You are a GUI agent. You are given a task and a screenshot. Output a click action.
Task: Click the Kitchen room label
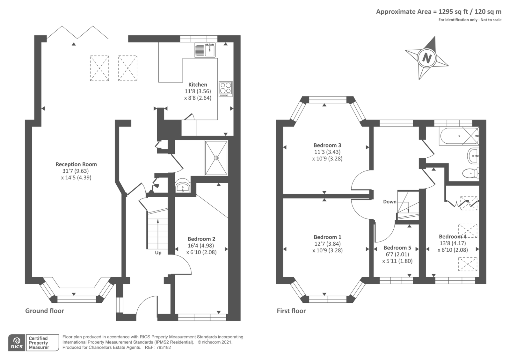click(x=198, y=85)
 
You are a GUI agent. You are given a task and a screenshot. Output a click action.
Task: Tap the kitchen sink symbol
click(x=205, y=50)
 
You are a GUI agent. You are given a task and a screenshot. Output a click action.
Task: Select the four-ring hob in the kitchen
click(x=226, y=89)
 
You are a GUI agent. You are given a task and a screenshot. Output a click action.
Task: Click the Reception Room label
click(x=76, y=164)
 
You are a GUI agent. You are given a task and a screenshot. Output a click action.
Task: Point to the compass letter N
click(x=426, y=58)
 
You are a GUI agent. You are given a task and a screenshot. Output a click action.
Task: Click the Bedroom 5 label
click(x=397, y=248)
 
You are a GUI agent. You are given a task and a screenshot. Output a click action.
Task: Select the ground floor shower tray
click(x=216, y=158)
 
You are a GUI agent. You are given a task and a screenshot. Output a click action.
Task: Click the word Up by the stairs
click(x=158, y=253)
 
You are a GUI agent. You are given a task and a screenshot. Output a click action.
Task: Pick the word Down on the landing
click(x=390, y=202)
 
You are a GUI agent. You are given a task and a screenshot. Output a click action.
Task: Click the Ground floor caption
click(x=45, y=311)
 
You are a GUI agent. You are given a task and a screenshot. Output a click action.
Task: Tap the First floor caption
click(x=291, y=311)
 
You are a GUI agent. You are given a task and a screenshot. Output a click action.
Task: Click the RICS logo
click(x=17, y=343)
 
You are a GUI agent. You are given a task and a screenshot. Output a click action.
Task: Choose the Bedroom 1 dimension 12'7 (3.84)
click(x=327, y=244)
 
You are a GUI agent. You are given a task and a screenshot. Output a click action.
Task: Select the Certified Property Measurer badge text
click(x=39, y=343)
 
